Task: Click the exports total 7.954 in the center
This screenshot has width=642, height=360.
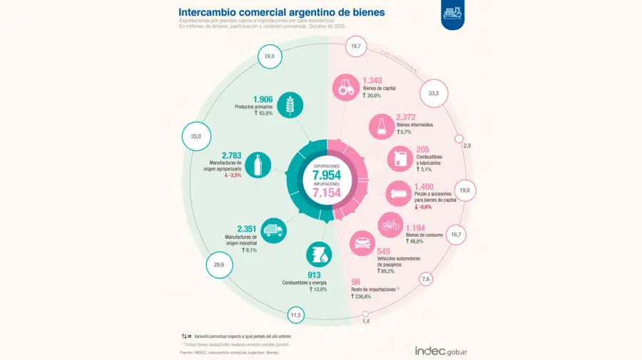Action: [327, 175]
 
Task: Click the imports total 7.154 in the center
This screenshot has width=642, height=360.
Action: [327, 192]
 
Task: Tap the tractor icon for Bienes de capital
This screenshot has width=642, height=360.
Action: [345, 88]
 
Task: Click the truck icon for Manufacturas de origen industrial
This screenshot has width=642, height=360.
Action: [274, 231]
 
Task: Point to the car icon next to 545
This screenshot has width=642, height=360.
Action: [362, 243]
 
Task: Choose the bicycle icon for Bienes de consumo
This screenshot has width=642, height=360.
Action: [390, 225]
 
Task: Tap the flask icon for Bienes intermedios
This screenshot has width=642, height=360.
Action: [381, 127]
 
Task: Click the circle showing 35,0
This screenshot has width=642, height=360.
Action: [196, 136]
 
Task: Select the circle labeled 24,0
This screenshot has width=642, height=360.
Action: [269, 56]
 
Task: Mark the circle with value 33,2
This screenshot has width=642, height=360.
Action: [433, 93]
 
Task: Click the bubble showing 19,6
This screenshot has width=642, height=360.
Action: [464, 190]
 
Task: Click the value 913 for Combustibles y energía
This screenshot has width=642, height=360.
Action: [315, 274]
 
